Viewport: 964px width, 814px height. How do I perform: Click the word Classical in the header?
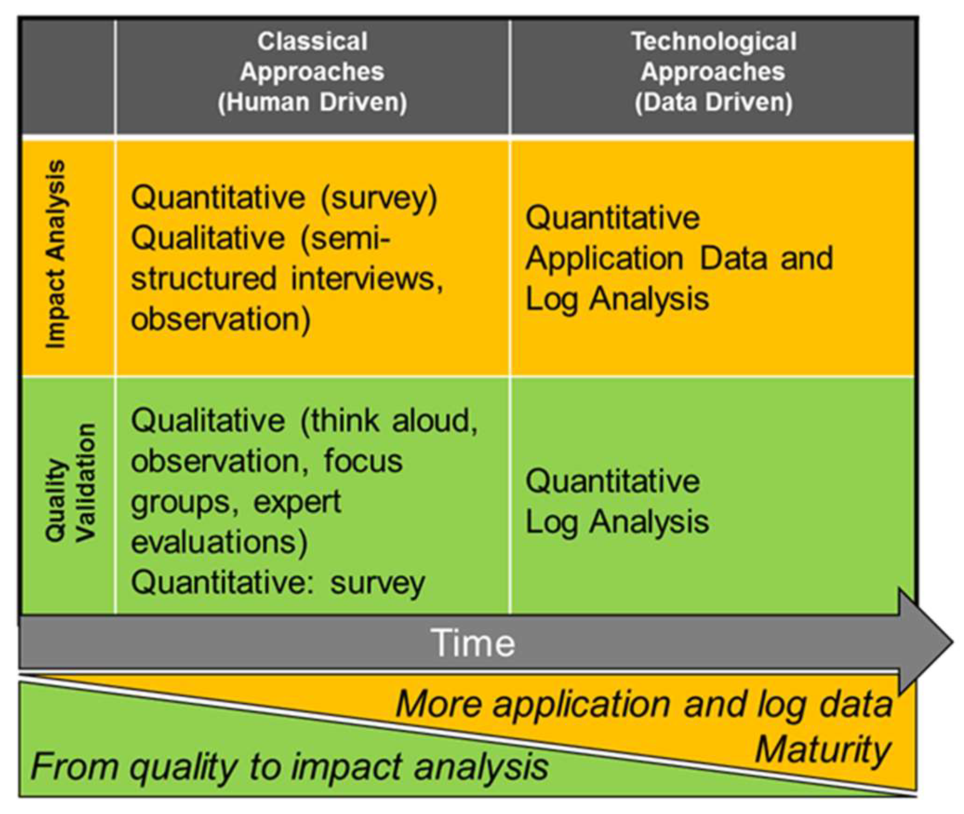pos(312,41)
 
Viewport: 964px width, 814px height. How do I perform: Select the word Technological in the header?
pos(713,41)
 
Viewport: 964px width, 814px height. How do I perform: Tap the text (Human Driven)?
pos(312,102)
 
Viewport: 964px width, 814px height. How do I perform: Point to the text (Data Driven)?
pos(713,102)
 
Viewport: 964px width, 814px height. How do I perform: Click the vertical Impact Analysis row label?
pos(56,254)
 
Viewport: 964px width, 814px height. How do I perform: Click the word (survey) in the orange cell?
pos(379,198)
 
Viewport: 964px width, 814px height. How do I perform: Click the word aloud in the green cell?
pos(435,420)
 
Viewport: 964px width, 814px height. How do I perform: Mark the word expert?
pos(298,502)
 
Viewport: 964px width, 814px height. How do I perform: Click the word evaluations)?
pos(219,542)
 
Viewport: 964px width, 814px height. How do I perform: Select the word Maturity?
pos(823,749)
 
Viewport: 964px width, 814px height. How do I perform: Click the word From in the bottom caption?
pos(74,766)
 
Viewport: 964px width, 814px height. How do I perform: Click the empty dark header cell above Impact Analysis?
pos(68,77)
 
